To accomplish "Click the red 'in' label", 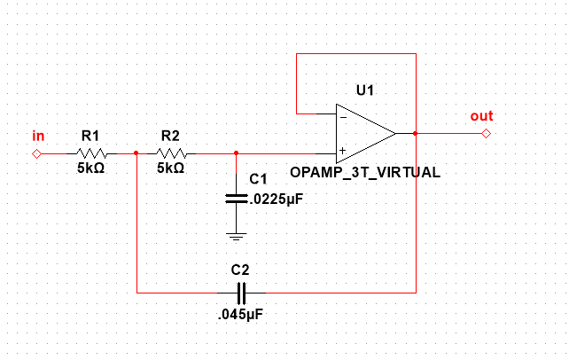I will (38, 136).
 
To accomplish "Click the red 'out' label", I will (481, 116).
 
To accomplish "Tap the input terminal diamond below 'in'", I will (36, 153).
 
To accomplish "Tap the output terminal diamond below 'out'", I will (485, 133).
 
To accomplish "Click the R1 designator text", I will (90, 136).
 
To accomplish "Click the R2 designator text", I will (170, 136).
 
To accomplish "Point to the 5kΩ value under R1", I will (90, 168).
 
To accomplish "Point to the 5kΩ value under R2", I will (170, 168).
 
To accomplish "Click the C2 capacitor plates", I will (240, 291).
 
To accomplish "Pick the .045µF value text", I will (240, 314).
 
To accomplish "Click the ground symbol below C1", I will (236, 236).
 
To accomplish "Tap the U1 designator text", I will (365, 90).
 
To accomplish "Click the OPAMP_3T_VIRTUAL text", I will (364, 171).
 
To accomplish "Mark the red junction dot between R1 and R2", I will (136, 153).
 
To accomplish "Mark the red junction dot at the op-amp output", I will (415, 133).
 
